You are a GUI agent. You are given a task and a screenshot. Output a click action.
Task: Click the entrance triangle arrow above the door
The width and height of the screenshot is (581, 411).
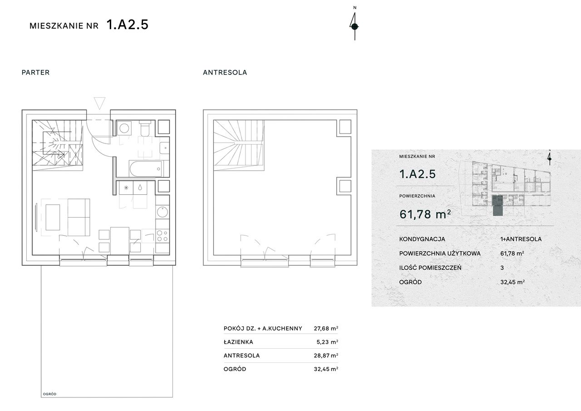[99, 103]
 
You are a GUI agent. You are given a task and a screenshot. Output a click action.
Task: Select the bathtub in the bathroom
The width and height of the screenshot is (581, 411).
[146, 168]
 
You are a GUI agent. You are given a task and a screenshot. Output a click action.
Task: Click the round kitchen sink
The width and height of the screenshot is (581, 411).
[162, 212]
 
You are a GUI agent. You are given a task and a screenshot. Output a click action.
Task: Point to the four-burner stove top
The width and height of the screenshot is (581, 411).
[162, 236]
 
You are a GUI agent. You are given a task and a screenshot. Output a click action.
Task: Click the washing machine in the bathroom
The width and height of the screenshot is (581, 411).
[124, 128]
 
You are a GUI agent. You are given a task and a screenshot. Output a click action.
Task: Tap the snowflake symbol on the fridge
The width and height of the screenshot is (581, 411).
[126, 188]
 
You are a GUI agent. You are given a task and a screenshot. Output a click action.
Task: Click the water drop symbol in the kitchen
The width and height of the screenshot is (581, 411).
[140, 188]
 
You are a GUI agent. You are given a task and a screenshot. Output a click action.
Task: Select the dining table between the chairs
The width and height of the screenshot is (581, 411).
[119, 241]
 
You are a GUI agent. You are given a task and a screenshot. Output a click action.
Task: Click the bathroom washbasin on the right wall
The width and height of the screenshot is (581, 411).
[164, 148]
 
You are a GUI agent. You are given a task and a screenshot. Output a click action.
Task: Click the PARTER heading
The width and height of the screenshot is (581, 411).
[35, 72]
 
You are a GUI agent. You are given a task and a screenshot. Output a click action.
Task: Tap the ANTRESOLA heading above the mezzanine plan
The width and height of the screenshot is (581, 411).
[225, 72]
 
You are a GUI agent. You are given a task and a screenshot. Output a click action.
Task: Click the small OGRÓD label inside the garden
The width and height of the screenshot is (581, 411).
[49, 394]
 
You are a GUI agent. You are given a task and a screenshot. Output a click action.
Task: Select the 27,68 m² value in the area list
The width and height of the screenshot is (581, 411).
[326, 328]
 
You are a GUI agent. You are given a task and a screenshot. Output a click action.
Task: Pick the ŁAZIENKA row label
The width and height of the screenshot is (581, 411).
[238, 342]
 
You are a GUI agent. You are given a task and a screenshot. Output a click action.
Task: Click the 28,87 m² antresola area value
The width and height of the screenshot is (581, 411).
[326, 355]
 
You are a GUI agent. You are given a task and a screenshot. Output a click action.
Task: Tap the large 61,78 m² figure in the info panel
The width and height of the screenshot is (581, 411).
[425, 214]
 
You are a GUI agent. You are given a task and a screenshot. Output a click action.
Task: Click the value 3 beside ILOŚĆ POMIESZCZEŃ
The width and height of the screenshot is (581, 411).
[502, 268]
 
